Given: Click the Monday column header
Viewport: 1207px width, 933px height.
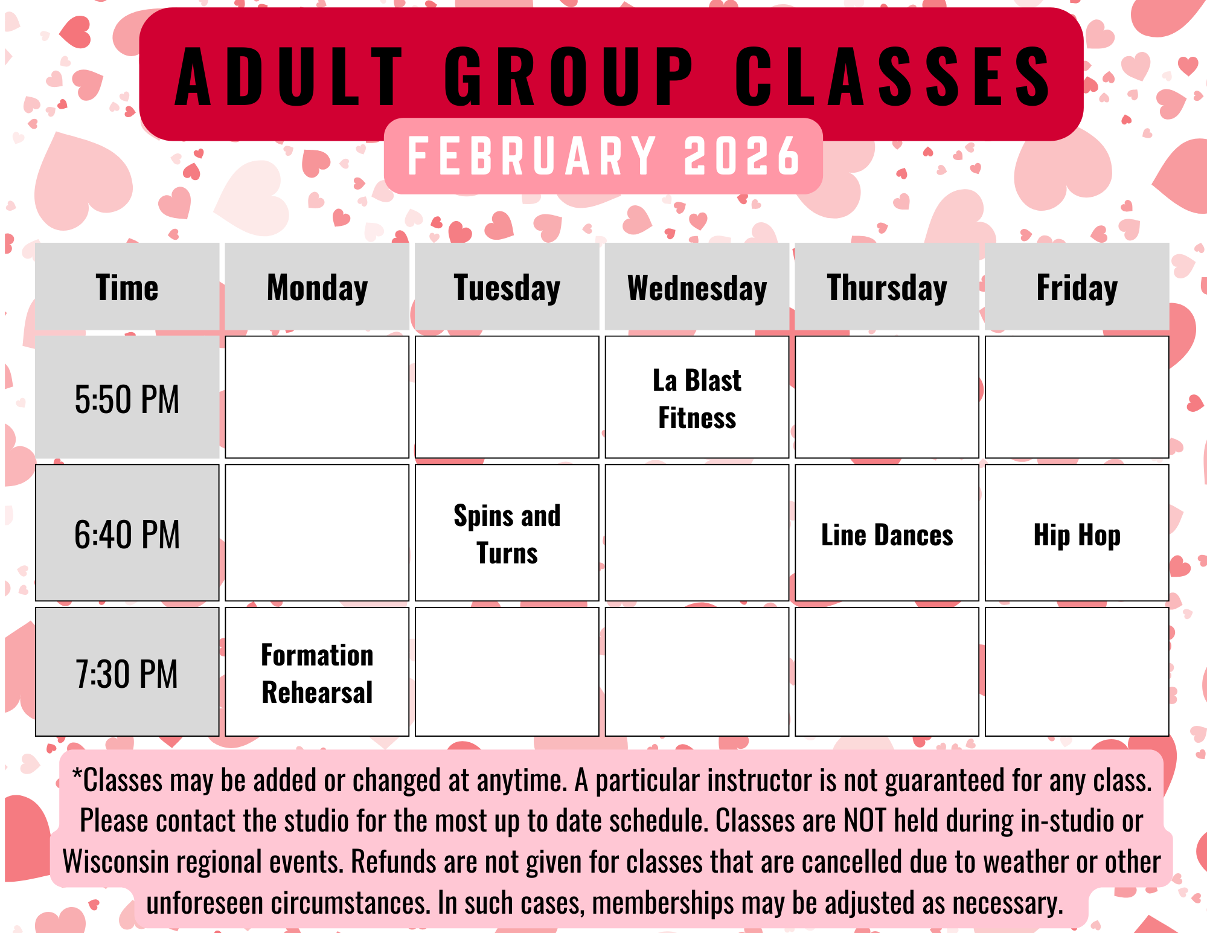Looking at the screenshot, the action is click(317, 287).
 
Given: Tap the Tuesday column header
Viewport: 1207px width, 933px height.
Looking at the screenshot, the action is click(507, 287).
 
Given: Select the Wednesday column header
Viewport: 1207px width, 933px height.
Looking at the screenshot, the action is click(697, 287).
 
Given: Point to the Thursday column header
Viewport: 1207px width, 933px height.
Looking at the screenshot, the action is click(887, 287).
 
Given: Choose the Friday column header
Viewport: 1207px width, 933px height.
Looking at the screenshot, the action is click(1077, 287).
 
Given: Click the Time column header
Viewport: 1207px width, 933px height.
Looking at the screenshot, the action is click(127, 287).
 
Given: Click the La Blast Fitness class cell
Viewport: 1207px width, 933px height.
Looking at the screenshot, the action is click(697, 397).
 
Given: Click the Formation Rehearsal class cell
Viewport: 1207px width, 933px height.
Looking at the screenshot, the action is click(317, 672).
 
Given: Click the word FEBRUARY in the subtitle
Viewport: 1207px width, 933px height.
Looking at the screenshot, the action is click(533, 156).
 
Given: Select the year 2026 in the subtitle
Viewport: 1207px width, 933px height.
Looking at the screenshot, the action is click(742, 156).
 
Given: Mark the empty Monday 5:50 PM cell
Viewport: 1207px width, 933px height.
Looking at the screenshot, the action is click(317, 397).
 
